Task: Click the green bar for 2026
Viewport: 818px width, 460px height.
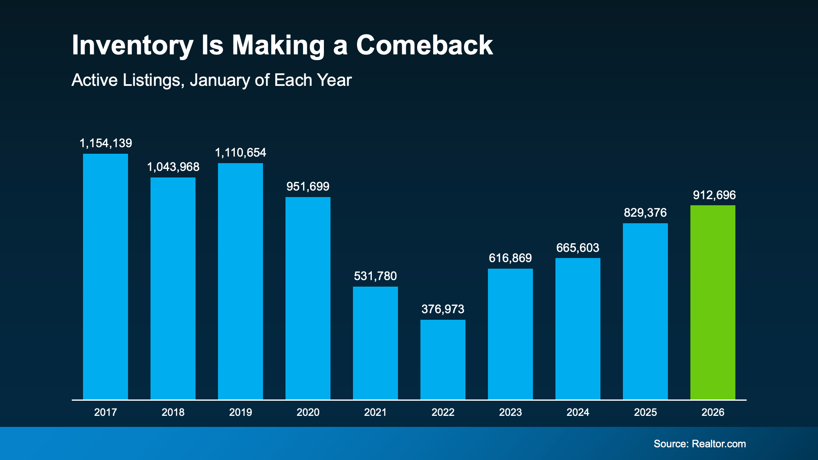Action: (712, 303)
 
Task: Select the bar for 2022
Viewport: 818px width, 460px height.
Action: (443, 360)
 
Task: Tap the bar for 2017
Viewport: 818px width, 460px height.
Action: (106, 277)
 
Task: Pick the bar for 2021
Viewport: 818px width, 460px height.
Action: (375, 343)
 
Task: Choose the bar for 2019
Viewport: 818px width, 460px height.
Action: (240, 281)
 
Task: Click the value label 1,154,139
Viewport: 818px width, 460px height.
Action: (106, 143)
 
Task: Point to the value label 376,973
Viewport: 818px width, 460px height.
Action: (443, 309)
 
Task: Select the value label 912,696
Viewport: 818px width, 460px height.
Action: (714, 195)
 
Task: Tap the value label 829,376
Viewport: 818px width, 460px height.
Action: (645, 213)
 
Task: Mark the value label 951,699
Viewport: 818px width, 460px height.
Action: (308, 186)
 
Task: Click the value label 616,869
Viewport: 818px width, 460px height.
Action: (510, 258)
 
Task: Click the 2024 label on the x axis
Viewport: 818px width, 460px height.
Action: (578, 412)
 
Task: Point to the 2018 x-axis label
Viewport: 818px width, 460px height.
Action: (173, 412)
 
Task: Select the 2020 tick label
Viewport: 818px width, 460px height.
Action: (308, 412)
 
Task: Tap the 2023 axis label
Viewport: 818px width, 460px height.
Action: (510, 412)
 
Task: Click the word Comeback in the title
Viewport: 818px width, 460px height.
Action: (424, 45)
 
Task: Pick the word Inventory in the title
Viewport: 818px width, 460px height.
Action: (132, 46)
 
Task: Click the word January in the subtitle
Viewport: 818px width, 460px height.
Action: (220, 80)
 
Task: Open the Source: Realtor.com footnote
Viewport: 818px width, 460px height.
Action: (699, 444)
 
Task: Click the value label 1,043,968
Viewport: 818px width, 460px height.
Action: (173, 167)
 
